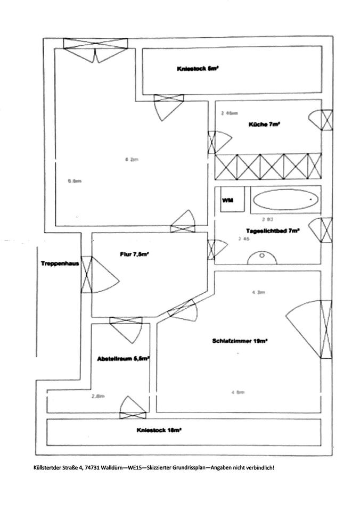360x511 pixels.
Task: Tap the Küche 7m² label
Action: point(265,125)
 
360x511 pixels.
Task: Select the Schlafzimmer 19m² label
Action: point(239,341)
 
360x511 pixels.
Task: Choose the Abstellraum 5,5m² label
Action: point(123,359)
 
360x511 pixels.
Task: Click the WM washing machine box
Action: point(227,200)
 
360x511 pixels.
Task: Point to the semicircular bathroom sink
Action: point(263,258)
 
